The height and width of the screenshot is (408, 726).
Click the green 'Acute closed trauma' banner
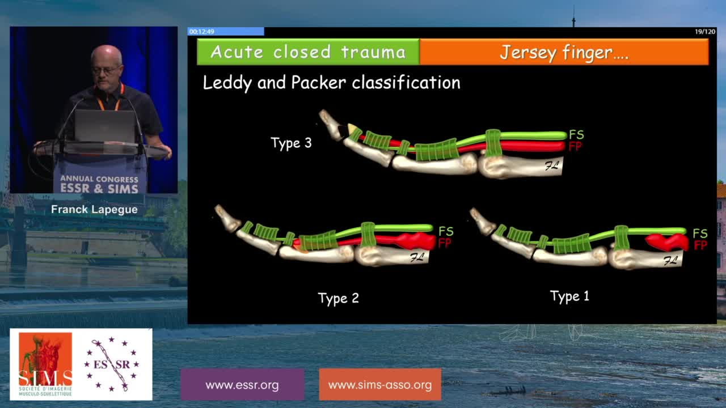click(308, 52)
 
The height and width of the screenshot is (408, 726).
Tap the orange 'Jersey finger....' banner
click(564, 52)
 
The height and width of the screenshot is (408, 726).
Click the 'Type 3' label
click(291, 143)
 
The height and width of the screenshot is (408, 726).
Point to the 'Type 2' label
click(339, 298)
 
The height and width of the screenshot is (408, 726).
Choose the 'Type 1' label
click(569, 296)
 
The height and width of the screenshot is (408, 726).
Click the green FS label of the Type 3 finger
click(576, 134)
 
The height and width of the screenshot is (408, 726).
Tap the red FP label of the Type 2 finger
click(444, 243)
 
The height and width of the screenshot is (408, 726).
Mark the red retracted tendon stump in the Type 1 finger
click(667, 242)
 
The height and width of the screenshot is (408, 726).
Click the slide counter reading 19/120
click(705, 32)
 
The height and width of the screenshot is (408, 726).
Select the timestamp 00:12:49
click(201, 31)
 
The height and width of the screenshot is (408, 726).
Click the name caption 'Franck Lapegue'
click(94, 210)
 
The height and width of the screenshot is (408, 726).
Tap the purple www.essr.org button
click(242, 385)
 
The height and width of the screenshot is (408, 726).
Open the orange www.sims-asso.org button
click(380, 385)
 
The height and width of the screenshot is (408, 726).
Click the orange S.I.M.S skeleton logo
click(45, 364)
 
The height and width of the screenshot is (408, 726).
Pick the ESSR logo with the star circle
click(112, 364)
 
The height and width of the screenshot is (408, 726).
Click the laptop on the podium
click(105, 126)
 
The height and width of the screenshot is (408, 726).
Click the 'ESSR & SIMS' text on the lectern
click(99, 189)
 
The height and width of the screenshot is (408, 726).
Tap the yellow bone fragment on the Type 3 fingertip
click(351, 128)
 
